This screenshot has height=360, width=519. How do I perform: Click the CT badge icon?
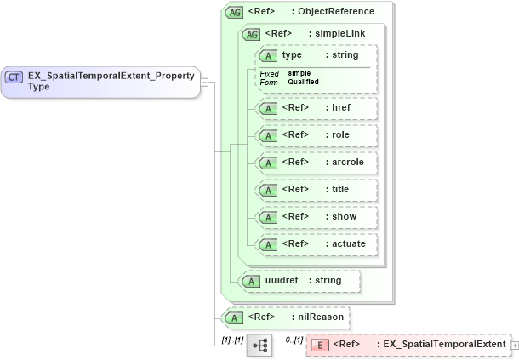(x=14, y=77)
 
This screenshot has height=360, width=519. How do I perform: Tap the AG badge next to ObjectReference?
(x=233, y=12)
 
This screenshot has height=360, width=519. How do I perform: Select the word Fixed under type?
(x=269, y=74)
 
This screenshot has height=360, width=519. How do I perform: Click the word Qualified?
(x=304, y=82)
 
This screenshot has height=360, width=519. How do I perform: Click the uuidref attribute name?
(x=282, y=280)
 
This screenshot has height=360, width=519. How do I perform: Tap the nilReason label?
(x=321, y=317)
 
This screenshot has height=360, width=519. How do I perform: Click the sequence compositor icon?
(x=259, y=345)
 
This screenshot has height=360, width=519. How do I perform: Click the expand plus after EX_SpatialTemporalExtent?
(x=514, y=345)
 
